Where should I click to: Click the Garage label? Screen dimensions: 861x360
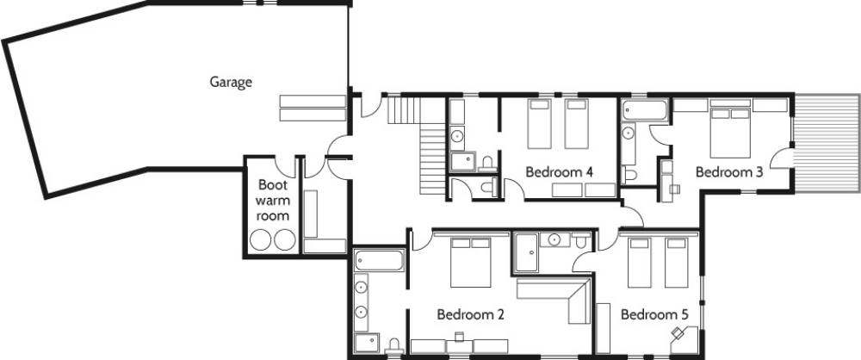coord(231,83)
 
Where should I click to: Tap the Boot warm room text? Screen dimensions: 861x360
coord(272,200)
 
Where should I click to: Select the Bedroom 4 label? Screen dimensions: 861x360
coord(559,172)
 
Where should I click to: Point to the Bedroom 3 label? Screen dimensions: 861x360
coord(729,172)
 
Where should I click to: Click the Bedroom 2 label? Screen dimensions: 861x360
coord(471,315)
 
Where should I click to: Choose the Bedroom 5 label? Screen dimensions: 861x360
coord(654,315)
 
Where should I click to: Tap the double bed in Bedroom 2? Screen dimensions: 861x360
coord(471,263)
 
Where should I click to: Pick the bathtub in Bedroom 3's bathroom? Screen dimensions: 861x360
coord(645,110)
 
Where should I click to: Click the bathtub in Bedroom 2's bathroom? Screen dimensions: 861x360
coord(380,260)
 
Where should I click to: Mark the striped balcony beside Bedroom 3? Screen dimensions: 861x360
coord(827,143)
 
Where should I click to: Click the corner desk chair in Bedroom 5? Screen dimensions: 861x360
coord(677,332)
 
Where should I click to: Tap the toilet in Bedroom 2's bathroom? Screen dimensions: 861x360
coord(393,346)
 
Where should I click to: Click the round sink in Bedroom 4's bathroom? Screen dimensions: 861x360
coord(457,134)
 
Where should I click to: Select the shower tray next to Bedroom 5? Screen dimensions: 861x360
coord(527,252)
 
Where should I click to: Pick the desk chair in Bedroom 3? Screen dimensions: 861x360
coord(675,189)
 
